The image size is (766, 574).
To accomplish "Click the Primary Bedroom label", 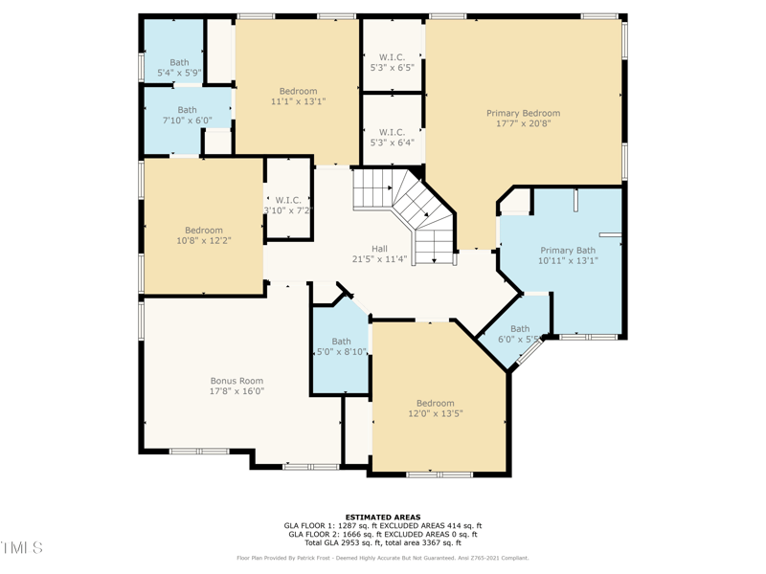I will click(523, 113).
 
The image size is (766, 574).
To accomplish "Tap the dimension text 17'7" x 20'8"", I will click(523, 123).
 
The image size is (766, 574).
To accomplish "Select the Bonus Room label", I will click(237, 381).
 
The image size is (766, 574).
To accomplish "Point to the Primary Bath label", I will click(567, 250).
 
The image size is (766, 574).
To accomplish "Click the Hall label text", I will click(379, 249).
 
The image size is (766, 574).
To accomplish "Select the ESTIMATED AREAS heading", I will click(383, 518).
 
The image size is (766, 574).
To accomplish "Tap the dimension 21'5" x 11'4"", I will click(379, 259).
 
